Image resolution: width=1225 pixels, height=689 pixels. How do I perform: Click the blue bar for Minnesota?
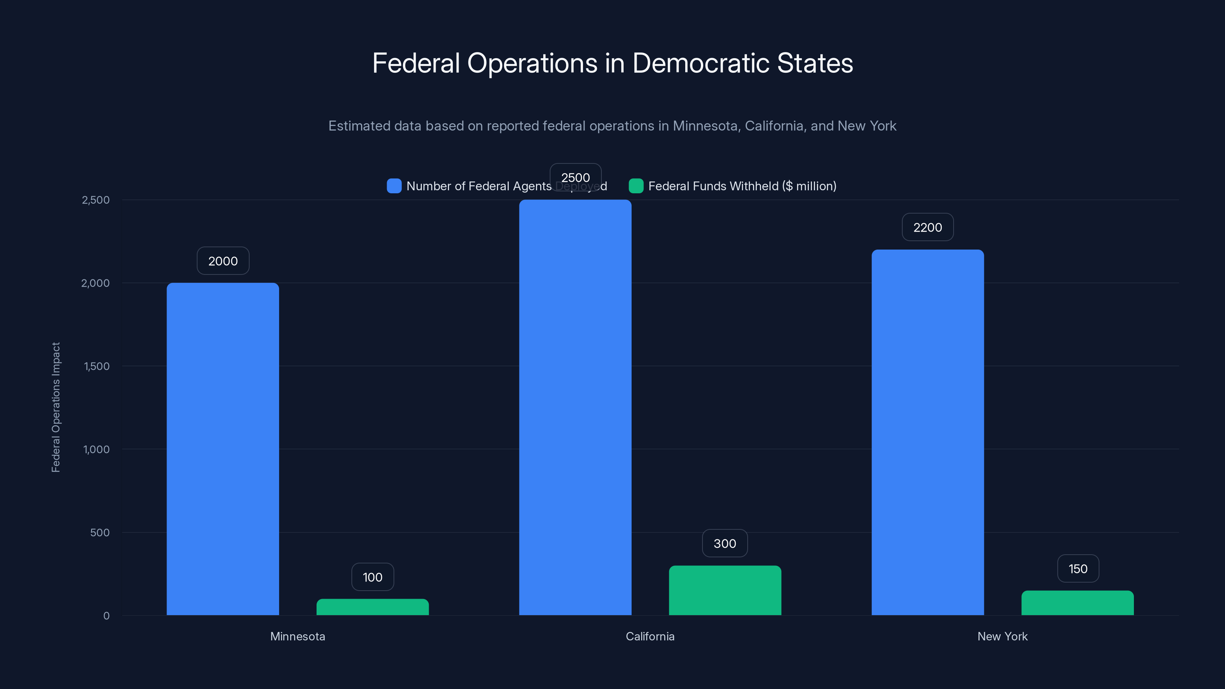click(222, 449)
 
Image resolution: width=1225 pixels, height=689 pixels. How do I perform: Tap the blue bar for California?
click(575, 408)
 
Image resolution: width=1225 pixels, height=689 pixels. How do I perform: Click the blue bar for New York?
click(927, 432)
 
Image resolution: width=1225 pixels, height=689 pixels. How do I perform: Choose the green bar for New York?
click(1077, 603)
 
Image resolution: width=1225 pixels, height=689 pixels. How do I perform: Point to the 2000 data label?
click(222, 261)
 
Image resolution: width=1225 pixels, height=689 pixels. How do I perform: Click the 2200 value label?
click(927, 227)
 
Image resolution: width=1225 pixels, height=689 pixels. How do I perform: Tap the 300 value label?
click(725, 544)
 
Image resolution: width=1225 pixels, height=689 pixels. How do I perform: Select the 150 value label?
click(1078, 569)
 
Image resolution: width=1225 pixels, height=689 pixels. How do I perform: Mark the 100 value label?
click(372, 577)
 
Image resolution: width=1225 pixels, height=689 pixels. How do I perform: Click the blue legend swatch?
click(394, 186)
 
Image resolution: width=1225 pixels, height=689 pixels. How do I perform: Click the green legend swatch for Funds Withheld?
click(636, 186)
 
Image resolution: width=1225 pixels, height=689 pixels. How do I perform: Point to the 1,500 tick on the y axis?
click(96, 366)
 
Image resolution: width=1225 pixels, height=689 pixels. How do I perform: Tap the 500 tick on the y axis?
click(100, 532)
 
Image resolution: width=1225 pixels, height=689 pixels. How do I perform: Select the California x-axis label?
click(650, 636)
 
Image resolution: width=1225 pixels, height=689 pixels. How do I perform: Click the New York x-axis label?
click(1002, 636)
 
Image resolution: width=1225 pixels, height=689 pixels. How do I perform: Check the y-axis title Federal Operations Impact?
click(56, 408)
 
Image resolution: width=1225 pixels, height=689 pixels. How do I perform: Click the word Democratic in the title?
click(701, 63)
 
